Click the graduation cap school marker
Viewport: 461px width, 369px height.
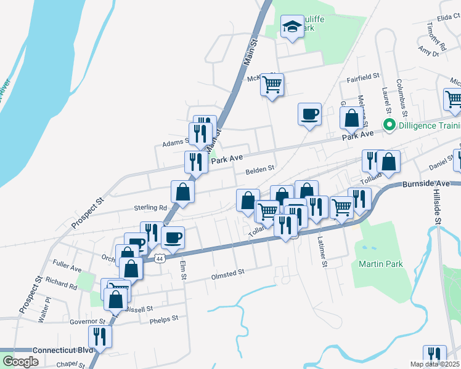291,26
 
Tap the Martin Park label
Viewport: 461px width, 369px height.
381,264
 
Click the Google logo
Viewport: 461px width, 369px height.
20,362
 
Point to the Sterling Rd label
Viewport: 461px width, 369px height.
150,208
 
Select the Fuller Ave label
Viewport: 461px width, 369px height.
67,269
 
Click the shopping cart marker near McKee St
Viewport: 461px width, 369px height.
272,84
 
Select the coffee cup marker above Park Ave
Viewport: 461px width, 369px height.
309,114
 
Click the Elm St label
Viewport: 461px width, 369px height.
182,270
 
